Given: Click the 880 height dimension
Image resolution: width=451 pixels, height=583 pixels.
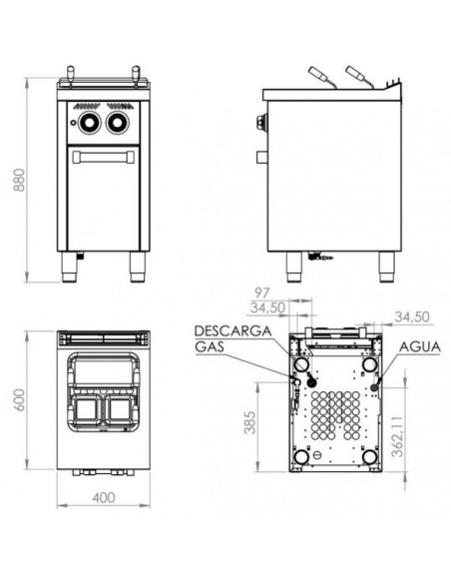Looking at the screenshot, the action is click(x=19, y=181).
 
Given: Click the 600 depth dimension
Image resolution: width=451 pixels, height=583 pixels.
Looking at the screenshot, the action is click(x=19, y=399).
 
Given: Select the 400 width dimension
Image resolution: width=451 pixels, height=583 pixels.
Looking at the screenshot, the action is click(x=104, y=497).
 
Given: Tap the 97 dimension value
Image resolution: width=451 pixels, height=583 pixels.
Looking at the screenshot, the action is click(x=261, y=292).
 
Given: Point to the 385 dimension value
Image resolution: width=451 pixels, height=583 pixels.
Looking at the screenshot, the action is click(x=250, y=422).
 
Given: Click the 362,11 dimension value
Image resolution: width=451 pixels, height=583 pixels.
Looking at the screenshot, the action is click(x=397, y=436).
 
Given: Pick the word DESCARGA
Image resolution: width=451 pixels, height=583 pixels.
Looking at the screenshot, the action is click(x=232, y=330).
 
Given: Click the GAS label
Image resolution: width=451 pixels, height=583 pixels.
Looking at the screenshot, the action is click(x=210, y=346).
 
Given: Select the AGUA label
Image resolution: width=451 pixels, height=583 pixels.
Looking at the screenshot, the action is click(x=420, y=346).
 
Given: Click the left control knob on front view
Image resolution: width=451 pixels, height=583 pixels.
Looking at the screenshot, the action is click(x=90, y=122).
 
